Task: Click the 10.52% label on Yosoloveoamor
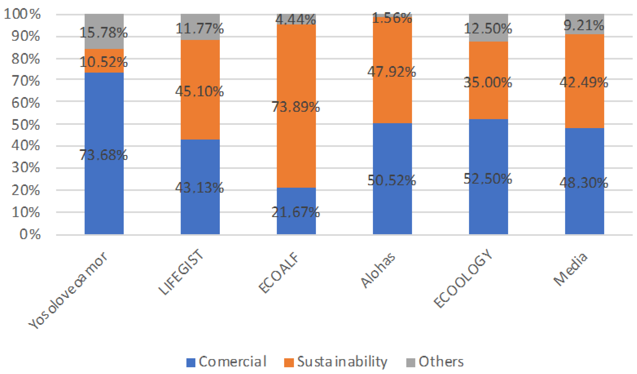[103, 62]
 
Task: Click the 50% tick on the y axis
[25, 125]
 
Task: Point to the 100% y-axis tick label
[22, 14]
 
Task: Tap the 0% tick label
[30, 234]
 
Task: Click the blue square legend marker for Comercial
[191, 362]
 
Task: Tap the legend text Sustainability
[342, 362]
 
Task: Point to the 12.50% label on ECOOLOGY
[488, 28]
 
